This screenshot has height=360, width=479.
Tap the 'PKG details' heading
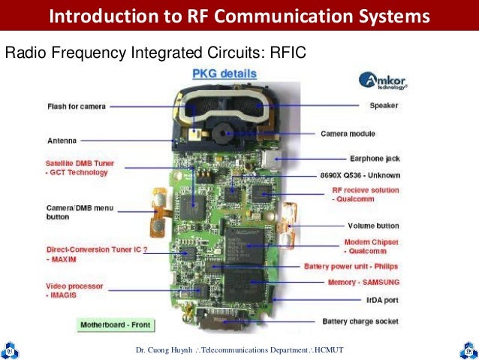pos(224,74)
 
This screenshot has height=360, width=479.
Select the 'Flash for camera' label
pos(77,106)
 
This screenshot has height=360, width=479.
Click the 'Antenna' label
pos(62,140)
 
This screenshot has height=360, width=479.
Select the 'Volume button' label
pos(373,225)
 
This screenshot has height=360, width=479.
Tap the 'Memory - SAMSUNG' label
pos(363,282)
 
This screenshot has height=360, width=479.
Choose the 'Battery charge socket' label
pos(361,322)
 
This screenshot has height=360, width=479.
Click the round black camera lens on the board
pos(222,134)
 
